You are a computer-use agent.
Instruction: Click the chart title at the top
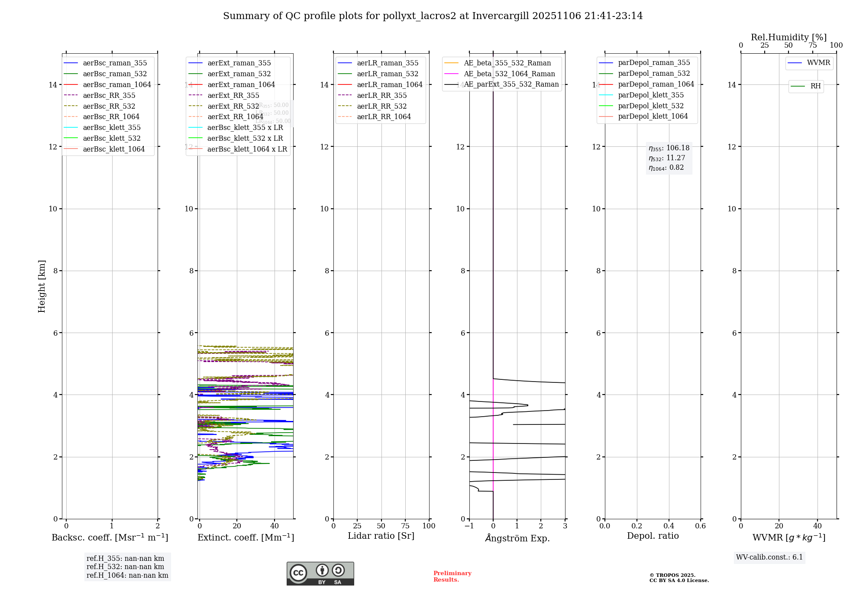(433, 16)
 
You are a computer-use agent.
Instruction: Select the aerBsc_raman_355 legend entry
(115, 63)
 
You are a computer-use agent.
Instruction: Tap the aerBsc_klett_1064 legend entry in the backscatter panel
(113, 149)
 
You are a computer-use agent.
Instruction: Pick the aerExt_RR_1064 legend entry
(235, 117)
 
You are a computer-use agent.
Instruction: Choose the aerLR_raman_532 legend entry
(388, 74)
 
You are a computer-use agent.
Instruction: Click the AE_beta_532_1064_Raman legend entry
(509, 74)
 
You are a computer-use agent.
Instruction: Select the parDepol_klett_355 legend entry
(651, 95)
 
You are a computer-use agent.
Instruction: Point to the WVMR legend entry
(818, 63)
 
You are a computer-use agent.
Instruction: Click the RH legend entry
(815, 86)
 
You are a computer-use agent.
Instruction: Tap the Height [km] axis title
(42, 286)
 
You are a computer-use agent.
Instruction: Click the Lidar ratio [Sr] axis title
(381, 536)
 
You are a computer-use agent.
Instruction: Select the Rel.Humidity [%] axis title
(788, 37)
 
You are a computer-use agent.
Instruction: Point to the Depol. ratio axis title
(653, 536)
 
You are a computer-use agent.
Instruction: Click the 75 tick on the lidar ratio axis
(405, 526)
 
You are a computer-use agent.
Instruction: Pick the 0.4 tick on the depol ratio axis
(669, 526)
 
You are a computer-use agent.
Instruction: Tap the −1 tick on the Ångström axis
(469, 526)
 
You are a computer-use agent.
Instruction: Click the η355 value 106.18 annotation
(669, 148)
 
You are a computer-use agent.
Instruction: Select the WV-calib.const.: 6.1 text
(769, 557)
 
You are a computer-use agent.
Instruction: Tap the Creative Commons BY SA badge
(320, 574)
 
